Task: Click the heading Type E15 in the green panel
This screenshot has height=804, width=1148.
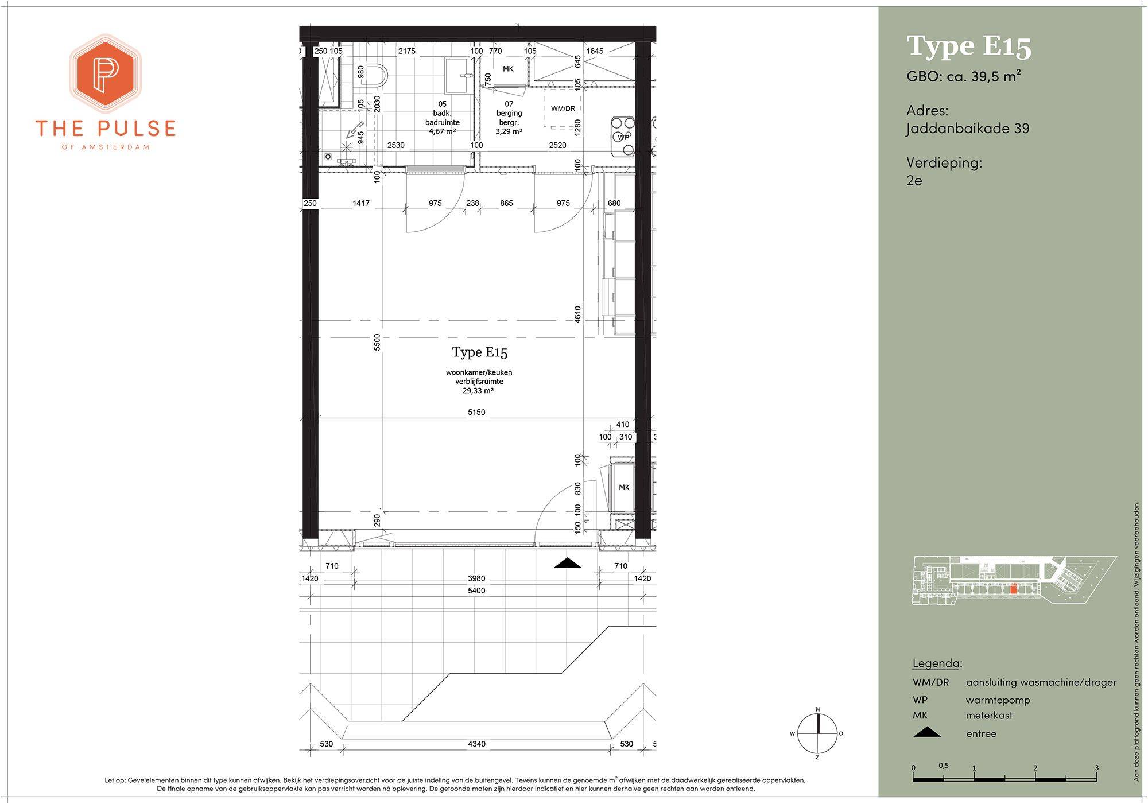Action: click(x=969, y=46)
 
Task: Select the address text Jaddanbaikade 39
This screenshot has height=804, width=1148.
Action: click(x=968, y=129)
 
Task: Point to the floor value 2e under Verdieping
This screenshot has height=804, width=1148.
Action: click(x=914, y=180)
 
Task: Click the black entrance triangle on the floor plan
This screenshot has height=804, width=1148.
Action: click(x=568, y=563)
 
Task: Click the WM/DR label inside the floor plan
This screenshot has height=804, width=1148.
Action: click(x=563, y=108)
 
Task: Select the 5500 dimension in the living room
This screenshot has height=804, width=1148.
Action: click(x=377, y=343)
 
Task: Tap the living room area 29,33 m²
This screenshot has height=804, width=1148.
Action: click(x=479, y=391)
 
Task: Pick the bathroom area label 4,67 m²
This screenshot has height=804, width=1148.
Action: click(x=443, y=131)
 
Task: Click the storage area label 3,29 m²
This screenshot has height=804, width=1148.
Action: click(x=509, y=131)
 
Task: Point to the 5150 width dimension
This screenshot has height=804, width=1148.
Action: click(x=476, y=412)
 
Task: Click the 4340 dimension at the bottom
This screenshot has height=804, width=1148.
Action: click(x=476, y=744)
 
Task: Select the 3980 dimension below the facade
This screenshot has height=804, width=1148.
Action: click(x=476, y=578)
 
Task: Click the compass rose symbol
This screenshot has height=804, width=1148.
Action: click(x=817, y=733)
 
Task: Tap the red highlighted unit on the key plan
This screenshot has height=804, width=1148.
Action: click(x=1014, y=589)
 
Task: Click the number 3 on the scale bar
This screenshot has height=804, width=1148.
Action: click(x=1096, y=768)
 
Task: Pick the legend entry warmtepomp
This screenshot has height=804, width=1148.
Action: click(x=998, y=700)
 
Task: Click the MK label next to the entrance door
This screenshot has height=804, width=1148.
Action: click(x=624, y=487)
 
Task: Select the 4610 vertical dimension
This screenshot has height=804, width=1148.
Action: click(x=577, y=314)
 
